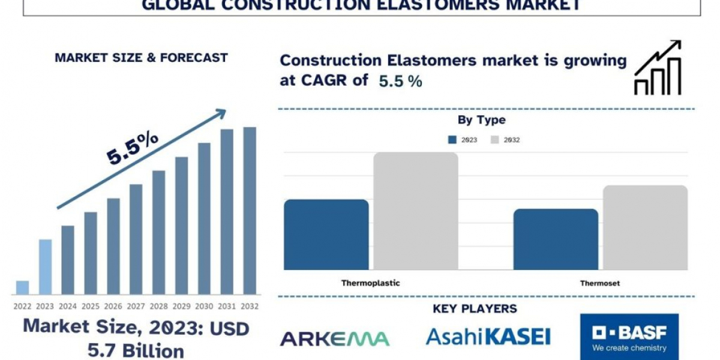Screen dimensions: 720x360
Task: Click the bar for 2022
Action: (23, 287)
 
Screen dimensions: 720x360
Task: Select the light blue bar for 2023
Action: (46, 267)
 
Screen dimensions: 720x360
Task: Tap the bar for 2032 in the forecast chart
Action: (250, 211)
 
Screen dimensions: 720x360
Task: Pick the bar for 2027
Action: (136, 239)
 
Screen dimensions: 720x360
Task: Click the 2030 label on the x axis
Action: (204, 307)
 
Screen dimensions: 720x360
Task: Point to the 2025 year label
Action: (91, 307)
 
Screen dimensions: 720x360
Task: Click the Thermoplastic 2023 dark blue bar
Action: (326, 235)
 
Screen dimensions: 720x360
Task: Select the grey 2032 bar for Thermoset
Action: (646, 227)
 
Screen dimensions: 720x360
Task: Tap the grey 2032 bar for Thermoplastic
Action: (416, 211)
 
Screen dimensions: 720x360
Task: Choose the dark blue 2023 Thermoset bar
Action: (556, 239)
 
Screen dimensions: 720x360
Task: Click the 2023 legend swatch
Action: (452, 140)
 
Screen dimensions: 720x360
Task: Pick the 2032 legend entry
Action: (505, 140)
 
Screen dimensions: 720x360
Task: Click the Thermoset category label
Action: (600, 283)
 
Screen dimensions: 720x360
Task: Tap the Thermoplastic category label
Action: (371, 283)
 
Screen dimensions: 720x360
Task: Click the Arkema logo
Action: (335, 339)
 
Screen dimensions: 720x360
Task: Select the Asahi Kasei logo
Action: (488, 337)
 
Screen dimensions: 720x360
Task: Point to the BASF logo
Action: (629, 337)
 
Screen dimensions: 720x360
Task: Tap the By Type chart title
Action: (481, 120)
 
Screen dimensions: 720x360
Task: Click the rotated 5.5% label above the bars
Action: (133, 149)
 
